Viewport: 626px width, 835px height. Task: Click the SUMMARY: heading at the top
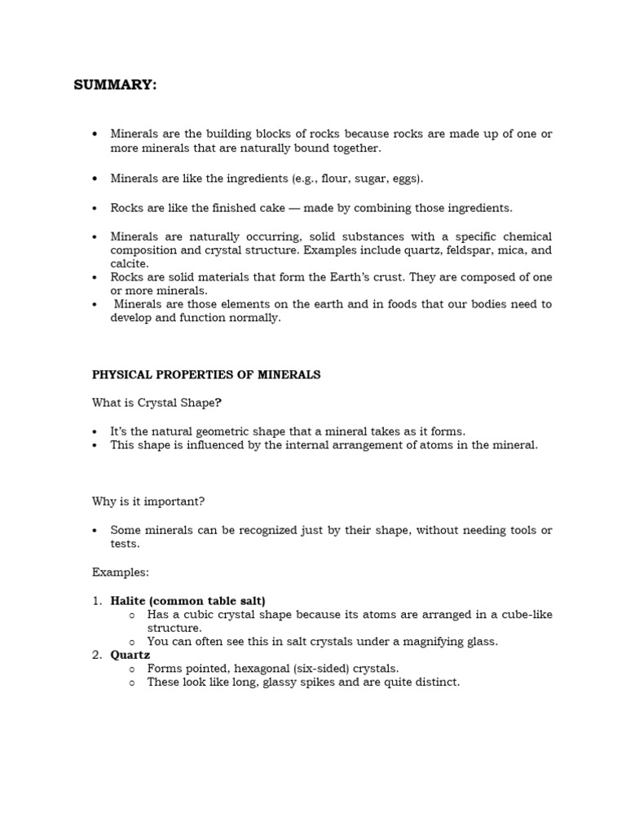115,86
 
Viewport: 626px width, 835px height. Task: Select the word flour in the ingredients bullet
335,178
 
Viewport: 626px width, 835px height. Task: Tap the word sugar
371,178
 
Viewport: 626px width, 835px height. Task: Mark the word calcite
129,263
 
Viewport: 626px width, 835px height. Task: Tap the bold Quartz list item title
130,655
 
